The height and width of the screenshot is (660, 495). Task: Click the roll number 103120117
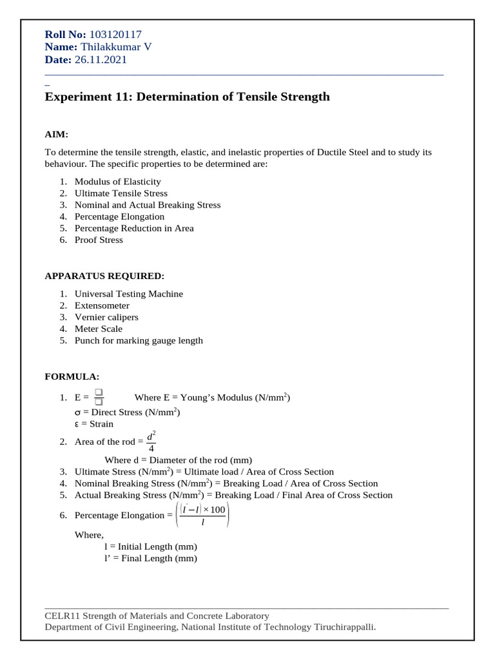point(116,35)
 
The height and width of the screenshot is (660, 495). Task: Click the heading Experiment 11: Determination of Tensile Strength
point(187,97)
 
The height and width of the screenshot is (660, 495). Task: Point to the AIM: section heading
point(56,134)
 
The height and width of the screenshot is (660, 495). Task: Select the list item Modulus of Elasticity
point(117,182)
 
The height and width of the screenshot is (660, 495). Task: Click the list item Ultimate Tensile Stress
point(121,193)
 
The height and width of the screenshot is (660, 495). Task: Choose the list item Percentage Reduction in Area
point(133,228)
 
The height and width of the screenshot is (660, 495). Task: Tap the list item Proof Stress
point(99,240)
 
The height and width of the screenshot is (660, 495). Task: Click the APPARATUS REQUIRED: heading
point(104,276)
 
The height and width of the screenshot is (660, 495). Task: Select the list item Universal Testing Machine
point(128,294)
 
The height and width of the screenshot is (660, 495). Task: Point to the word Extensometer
point(102,306)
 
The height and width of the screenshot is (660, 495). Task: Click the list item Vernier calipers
point(106,317)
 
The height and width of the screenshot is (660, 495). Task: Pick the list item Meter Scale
point(98,329)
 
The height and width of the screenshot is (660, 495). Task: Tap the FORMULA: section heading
point(72,376)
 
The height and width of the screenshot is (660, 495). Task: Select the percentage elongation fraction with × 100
point(203,516)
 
